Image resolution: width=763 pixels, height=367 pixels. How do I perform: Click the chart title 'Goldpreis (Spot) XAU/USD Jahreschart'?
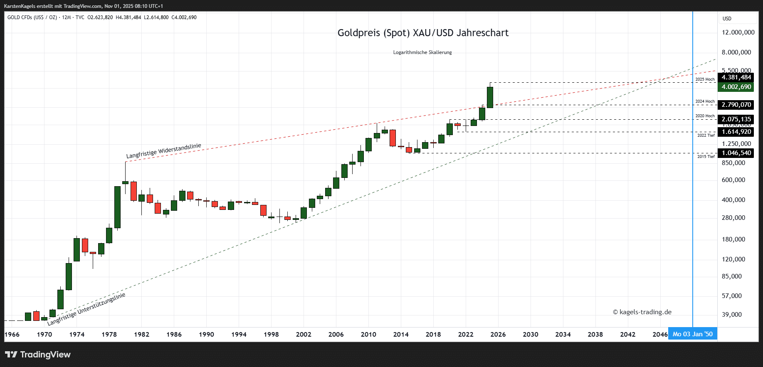(x=423, y=33)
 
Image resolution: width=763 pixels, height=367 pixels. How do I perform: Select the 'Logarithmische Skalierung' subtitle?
(x=422, y=52)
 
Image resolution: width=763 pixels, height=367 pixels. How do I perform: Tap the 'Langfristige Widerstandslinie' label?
(x=164, y=151)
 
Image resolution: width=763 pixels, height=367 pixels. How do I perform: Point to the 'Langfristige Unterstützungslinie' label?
(x=86, y=309)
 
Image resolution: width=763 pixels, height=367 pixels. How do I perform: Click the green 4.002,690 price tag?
(x=736, y=87)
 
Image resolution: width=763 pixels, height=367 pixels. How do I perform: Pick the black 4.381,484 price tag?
(x=736, y=77)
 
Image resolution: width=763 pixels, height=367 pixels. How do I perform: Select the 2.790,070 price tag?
(x=736, y=105)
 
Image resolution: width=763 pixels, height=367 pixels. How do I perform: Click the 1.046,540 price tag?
(x=736, y=153)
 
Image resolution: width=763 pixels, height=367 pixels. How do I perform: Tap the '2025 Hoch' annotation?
(x=705, y=79)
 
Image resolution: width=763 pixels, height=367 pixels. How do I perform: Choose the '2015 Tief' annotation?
(x=706, y=157)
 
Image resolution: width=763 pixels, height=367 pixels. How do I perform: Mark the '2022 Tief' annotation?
(x=706, y=135)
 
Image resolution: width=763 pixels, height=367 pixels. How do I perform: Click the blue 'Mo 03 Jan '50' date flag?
(x=692, y=334)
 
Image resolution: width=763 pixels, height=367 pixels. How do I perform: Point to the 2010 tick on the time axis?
(x=368, y=335)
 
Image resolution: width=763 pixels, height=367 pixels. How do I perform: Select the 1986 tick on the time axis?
(x=174, y=335)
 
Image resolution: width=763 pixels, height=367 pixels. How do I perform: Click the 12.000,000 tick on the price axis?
(x=738, y=32)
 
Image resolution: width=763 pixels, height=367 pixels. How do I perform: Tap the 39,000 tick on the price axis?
(x=732, y=315)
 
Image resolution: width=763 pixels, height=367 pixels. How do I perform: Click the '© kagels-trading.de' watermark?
(x=642, y=312)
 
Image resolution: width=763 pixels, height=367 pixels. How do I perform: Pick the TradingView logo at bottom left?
(x=38, y=355)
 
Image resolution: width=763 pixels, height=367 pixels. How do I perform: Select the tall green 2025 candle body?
(x=490, y=97)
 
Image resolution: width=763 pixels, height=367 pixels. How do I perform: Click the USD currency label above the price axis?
(x=727, y=19)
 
